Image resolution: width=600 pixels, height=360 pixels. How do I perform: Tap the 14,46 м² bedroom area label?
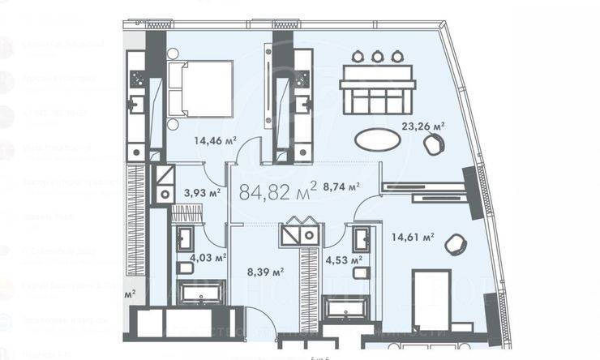pyautogui.click(x=214, y=140)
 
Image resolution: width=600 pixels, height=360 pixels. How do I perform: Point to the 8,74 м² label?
pyautogui.click(x=341, y=186)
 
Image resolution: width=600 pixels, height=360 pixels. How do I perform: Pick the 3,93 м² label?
pyautogui.click(x=203, y=193)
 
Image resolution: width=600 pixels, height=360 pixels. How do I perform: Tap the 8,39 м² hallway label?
pyautogui.click(x=266, y=272)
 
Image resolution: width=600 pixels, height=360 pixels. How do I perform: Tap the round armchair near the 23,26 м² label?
pyautogui.click(x=435, y=144)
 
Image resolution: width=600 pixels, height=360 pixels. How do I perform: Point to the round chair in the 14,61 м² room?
pyautogui.click(x=456, y=243)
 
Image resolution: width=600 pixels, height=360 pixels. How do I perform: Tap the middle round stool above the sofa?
pyautogui.click(x=377, y=56)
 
